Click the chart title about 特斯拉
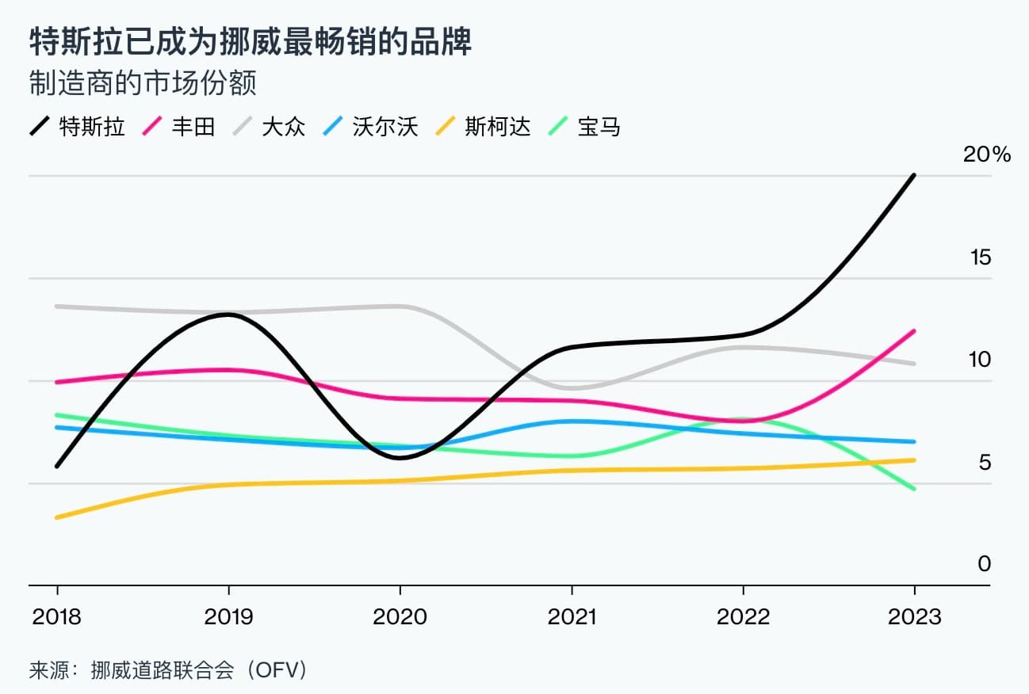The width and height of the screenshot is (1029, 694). point(251,42)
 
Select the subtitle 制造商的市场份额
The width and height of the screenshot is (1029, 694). point(143,83)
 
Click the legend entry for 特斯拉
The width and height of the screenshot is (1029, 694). point(77,126)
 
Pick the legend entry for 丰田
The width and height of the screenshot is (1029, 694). point(178,126)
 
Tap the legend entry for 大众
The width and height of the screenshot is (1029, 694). point(269,126)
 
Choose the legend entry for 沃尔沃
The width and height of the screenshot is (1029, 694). point(370,126)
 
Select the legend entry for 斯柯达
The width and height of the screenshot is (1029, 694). point(483,126)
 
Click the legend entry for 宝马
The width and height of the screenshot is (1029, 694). point(584,126)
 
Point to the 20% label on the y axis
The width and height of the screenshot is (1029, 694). point(987,154)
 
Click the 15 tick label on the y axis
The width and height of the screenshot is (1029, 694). point(981,257)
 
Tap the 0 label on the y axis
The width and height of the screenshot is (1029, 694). point(984,563)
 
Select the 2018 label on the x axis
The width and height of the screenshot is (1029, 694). point(56,617)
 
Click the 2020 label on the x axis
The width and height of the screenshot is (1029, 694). point(400,617)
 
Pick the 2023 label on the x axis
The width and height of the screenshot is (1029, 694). point(915,617)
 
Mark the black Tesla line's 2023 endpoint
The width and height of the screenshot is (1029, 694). point(914,175)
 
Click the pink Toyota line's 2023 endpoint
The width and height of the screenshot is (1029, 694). point(914,331)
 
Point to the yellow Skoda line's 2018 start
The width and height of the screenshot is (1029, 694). point(57,518)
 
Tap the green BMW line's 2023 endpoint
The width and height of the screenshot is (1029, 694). point(914,489)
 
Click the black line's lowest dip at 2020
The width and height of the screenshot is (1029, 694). point(400,457)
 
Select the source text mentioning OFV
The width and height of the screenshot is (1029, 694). point(168,670)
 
